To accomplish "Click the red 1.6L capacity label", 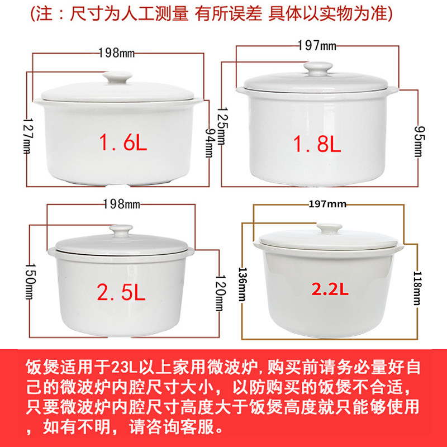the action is [x=123, y=142].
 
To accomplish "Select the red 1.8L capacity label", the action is [x=317, y=144].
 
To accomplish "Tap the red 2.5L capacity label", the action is [x=121, y=292].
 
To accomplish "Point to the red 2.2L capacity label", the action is [x=330, y=289].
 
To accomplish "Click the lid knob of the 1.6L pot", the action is [x=117, y=77].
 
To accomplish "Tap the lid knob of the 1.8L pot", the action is [x=318, y=69].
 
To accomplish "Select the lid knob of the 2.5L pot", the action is [x=121, y=231].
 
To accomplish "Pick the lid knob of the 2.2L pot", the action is [x=329, y=229].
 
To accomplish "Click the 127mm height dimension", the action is [x=28, y=136].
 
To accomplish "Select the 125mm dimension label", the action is [x=222, y=126].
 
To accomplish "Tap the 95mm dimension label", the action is [x=418, y=141].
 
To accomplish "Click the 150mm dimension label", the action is [x=31, y=281].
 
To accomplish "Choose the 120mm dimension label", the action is [x=220, y=292].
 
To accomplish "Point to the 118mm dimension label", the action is [x=417, y=288].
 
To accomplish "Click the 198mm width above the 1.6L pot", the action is [x=117, y=53].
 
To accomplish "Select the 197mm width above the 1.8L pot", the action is [x=317, y=46].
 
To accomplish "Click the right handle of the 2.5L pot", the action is [x=191, y=252].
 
